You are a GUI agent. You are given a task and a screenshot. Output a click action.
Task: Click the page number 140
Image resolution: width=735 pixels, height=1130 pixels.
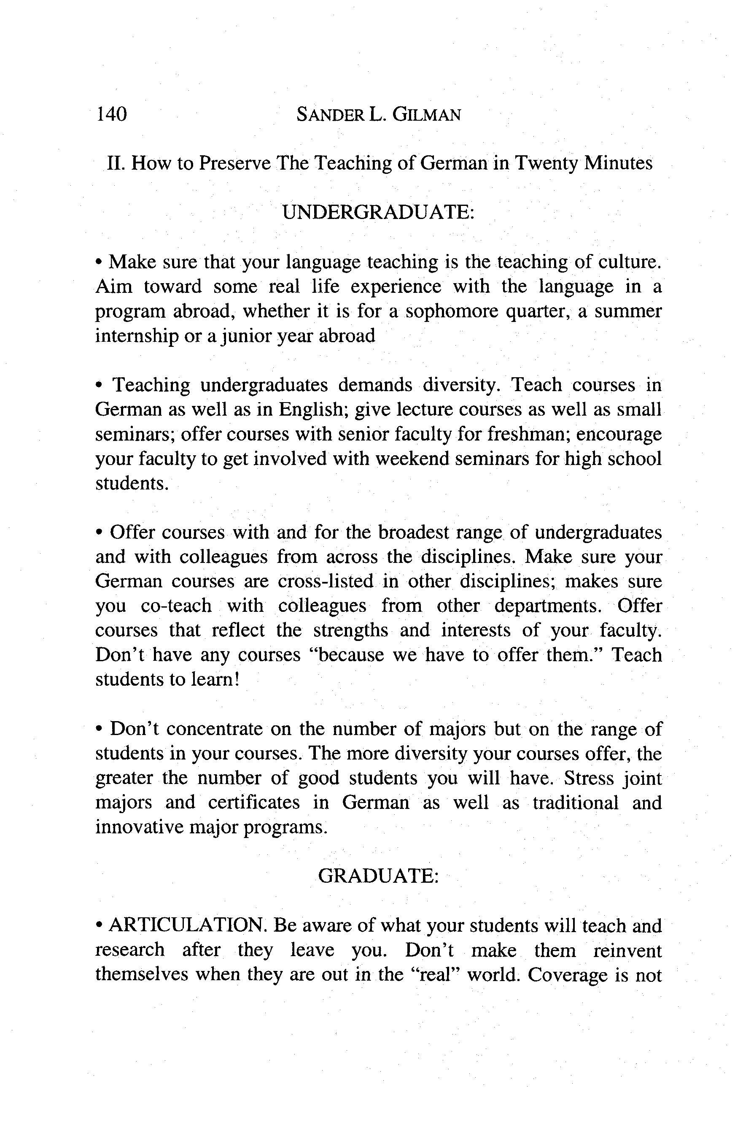pyautogui.click(x=111, y=114)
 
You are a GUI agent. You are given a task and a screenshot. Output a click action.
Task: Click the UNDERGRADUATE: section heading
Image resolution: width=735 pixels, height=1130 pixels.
pyautogui.click(x=378, y=212)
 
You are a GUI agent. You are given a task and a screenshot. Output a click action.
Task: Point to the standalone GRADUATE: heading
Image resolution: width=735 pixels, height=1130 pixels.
pyautogui.click(x=378, y=876)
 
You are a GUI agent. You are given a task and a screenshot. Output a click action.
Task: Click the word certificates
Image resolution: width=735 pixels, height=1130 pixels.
pyautogui.click(x=254, y=803)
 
